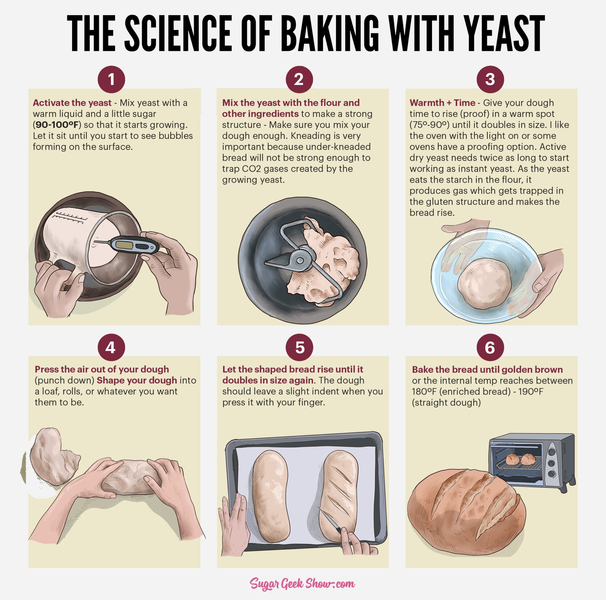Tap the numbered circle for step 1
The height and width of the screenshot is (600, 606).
point(111,79)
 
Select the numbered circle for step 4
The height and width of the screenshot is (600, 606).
point(111,347)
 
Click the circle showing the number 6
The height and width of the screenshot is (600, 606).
point(490,347)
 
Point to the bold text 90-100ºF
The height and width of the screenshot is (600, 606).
point(57,125)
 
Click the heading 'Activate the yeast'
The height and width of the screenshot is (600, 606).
point(72,103)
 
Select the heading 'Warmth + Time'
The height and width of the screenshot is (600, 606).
point(442,103)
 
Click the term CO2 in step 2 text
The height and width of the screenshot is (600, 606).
point(251,169)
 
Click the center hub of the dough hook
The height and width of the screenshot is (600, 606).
point(300,261)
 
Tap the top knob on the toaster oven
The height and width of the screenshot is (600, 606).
point(552,452)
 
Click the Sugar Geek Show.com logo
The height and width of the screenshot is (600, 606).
point(302,583)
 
